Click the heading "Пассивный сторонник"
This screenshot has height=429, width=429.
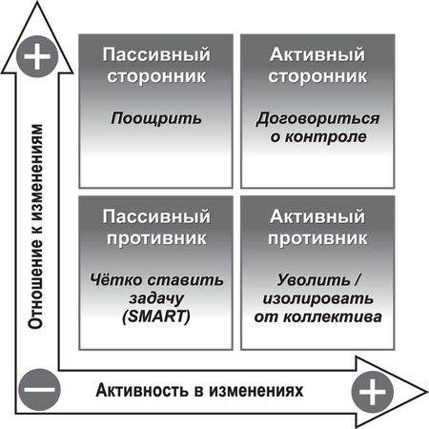tap(156, 65)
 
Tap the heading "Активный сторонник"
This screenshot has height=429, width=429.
tap(317, 65)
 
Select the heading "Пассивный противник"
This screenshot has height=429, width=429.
tap(156, 227)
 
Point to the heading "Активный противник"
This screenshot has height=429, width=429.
tap(317, 227)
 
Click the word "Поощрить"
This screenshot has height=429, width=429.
tap(156, 119)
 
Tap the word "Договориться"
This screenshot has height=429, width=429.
tap(317, 119)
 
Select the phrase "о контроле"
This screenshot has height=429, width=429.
tap(318, 136)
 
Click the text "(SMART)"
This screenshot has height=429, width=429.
tap(156, 317)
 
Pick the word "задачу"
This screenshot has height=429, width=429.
tap(156, 298)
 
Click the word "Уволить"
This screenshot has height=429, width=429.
tap(313, 280)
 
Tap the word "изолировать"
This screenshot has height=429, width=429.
tap(317, 298)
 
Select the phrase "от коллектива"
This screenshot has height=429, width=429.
tap(317, 317)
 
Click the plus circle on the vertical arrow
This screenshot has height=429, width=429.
tap(37, 57)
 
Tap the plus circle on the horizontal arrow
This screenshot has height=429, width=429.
tap(373, 391)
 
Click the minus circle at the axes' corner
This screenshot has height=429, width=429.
tap(39, 389)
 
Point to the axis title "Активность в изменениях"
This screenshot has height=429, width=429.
tap(199, 390)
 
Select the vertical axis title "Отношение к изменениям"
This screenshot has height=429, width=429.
tap(35, 226)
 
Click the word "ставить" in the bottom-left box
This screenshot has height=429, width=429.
tap(186, 280)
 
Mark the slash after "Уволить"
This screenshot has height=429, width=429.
tap(357, 280)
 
